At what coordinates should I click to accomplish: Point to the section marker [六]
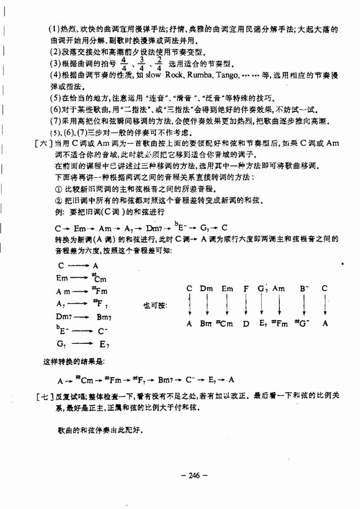click(41, 143)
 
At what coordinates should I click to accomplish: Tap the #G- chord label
click(302, 324)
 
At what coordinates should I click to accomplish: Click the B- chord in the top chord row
click(302, 288)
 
